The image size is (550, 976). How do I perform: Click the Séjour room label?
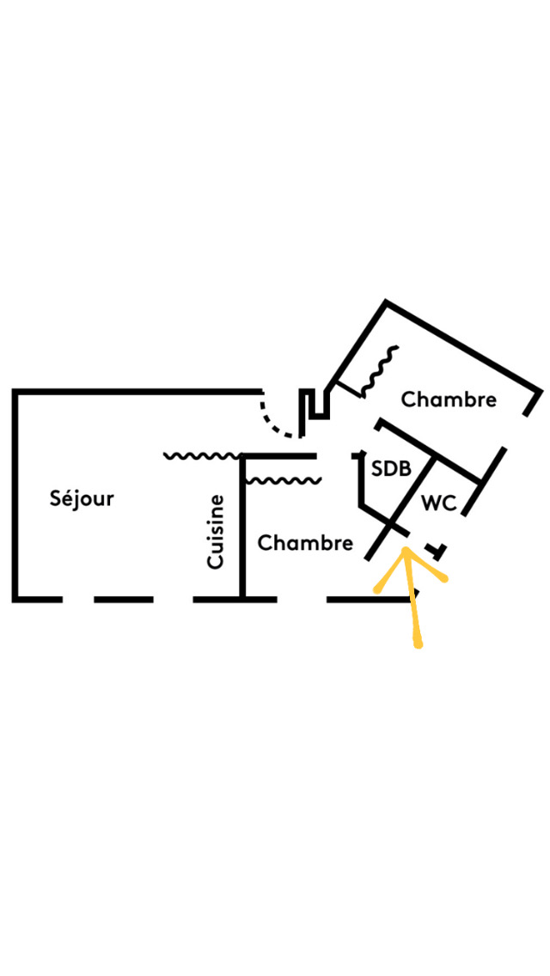[x=82, y=497]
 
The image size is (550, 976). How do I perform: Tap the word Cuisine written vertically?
[x=216, y=531]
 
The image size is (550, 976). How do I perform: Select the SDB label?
[x=391, y=469]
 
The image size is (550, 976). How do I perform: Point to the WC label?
[x=438, y=503]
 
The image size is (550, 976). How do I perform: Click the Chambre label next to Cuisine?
[x=305, y=543]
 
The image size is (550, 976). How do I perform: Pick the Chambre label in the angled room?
[x=449, y=400]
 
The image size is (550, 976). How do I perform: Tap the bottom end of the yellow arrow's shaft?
[x=419, y=644]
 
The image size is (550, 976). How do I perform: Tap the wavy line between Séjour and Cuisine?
[x=203, y=455]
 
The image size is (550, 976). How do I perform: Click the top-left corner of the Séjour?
[x=15, y=393]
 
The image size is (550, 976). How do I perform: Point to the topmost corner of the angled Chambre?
[x=386, y=303]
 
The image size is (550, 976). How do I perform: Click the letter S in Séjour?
[x=56, y=498]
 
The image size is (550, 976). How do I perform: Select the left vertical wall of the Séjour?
[x=15, y=494]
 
